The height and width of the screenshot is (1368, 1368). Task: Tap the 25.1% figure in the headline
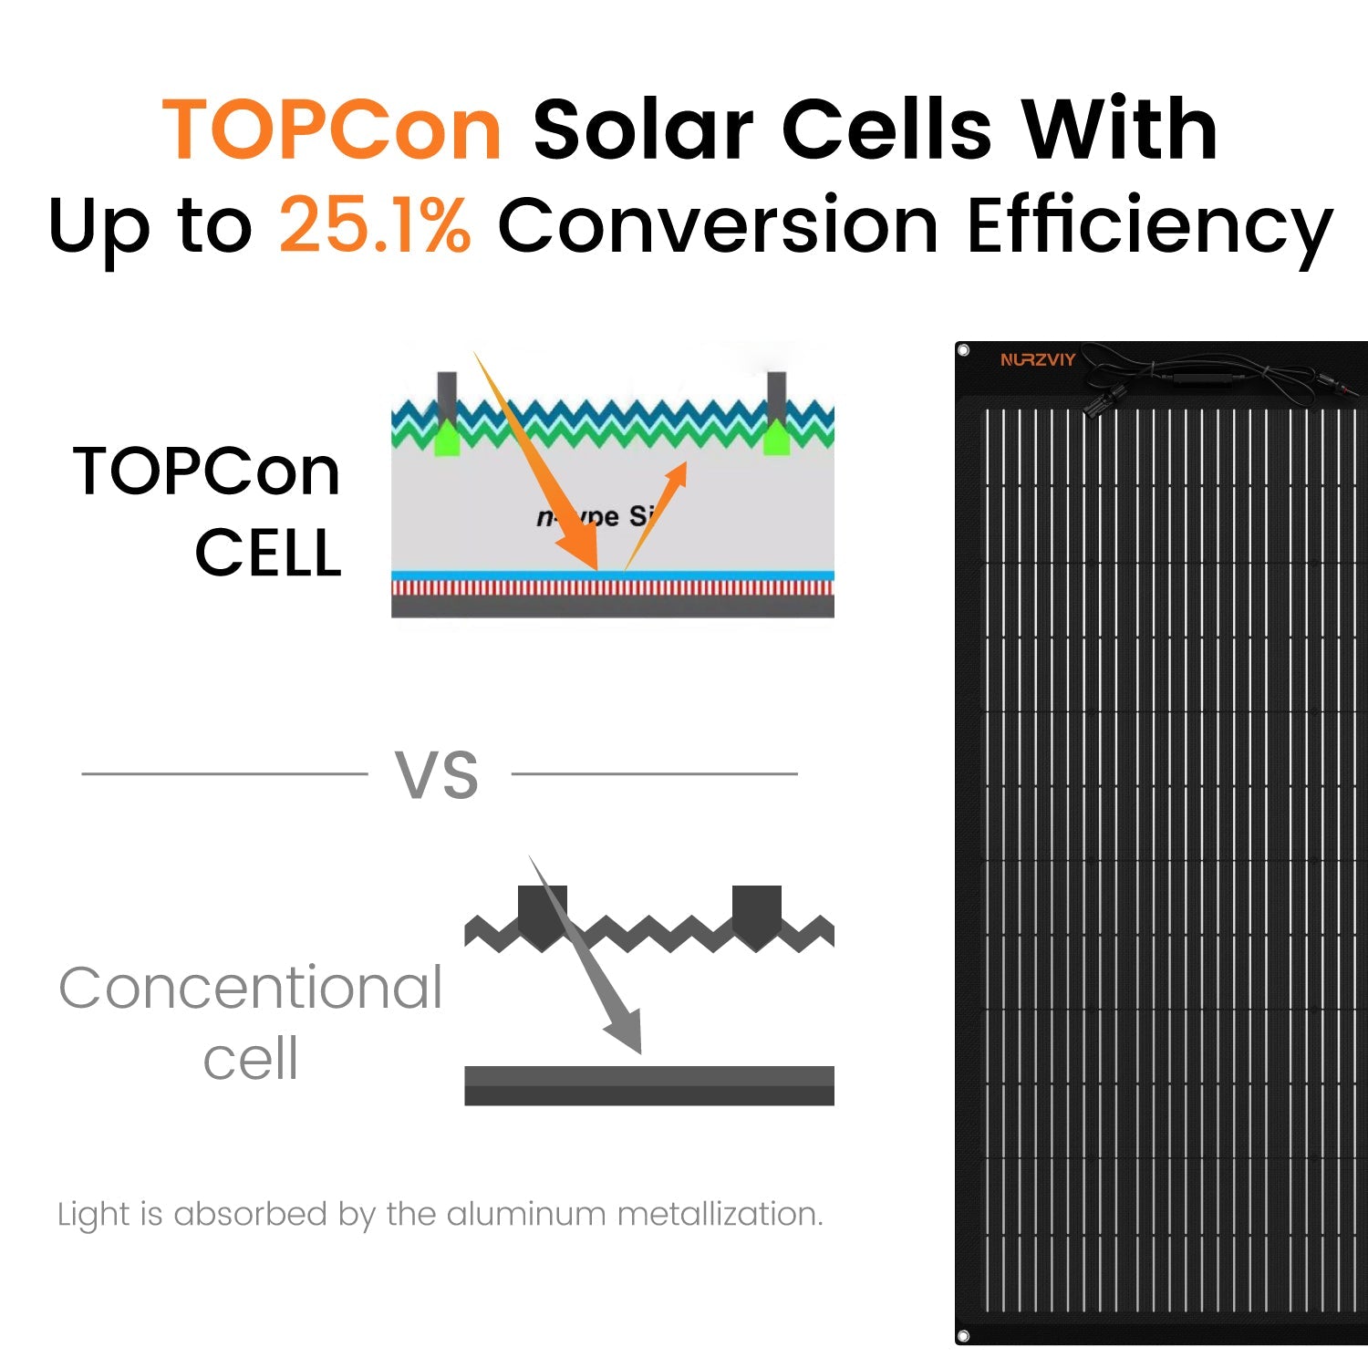[x=375, y=223]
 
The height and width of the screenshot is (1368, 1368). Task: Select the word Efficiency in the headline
[x=1150, y=226]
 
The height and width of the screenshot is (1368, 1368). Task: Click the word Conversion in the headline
[x=718, y=224]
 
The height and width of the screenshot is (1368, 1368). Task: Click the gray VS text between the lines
[x=437, y=775]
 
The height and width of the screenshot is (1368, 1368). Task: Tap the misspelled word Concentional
[x=251, y=988]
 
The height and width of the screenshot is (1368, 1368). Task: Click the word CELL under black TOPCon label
[x=268, y=553]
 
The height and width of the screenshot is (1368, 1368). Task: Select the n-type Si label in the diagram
[x=596, y=517]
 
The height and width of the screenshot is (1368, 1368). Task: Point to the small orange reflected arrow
[x=656, y=516]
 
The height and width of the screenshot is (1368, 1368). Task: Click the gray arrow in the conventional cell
[x=586, y=956]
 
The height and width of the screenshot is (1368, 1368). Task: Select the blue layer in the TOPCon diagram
[x=613, y=576]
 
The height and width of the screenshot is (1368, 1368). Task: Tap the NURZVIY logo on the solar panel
[x=1038, y=359]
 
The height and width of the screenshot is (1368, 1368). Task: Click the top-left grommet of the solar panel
[x=964, y=350]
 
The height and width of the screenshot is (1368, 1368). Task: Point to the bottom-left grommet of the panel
[x=963, y=1336]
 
